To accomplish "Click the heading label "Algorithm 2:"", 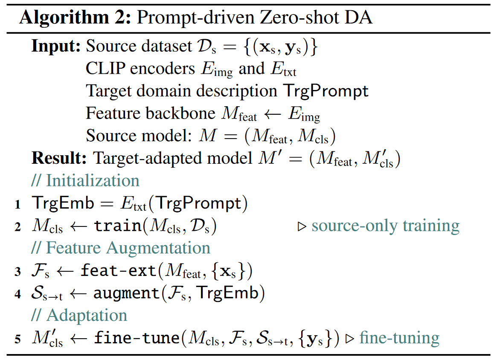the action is coord(75,17).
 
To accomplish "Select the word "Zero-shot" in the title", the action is coord(299,17).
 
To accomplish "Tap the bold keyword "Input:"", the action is coord(56,46).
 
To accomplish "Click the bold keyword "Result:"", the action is coord(59,158).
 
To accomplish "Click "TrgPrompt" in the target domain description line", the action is coord(326,91).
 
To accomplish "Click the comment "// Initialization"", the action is coord(85,180).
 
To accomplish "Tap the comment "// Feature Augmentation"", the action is coord(121,248).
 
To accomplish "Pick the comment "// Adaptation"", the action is coord(79,315).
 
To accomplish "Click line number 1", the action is coord(17,204).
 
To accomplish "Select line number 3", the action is coord(17,272).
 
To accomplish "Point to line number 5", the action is coord(17,339).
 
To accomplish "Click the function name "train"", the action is coord(117,226).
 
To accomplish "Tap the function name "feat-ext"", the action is coord(118,270).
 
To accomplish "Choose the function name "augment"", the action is coord(126,293).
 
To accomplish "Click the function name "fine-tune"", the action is coord(137,337).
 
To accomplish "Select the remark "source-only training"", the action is coord(386,226).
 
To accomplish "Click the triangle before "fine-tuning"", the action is coord(350,339).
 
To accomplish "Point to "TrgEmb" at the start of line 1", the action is coord(63,204).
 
